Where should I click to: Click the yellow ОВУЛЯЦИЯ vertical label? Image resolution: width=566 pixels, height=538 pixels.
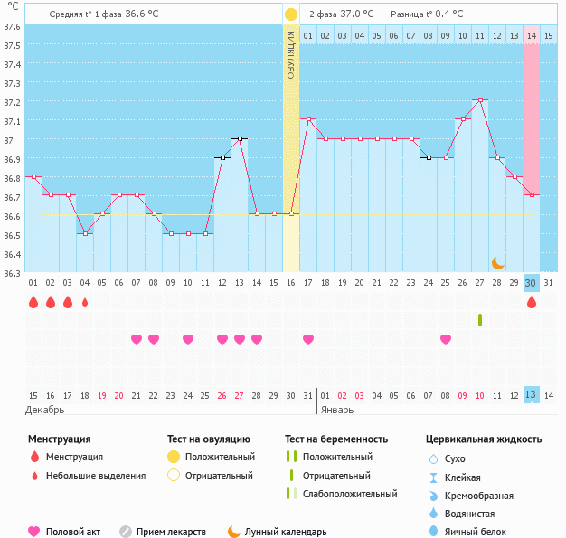[291, 54]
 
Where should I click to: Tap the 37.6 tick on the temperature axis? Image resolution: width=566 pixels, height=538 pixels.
[13, 26]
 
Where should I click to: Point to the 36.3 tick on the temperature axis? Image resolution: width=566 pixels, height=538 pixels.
[13, 273]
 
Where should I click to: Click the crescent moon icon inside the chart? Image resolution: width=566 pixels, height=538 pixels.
[498, 262]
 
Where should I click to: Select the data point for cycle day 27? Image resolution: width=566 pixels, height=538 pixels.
[480, 99]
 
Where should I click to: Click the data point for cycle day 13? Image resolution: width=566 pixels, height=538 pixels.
[240, 138]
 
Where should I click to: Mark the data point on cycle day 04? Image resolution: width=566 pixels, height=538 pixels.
[85, 233]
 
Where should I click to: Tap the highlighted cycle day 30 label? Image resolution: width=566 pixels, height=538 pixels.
[532, 283]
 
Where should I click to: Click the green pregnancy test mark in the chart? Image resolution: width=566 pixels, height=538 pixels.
[480, 320]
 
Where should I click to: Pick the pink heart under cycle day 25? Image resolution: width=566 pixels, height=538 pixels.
[446, 339]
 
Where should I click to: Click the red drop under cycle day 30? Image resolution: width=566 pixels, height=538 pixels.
[532, 303]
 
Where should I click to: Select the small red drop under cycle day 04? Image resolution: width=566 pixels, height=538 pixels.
[85, 303]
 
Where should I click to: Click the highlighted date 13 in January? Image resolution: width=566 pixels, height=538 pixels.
[532, 395]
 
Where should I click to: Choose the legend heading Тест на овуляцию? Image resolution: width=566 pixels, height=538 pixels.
[212, 439]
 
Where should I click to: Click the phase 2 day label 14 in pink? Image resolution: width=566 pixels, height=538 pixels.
[532, 35]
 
